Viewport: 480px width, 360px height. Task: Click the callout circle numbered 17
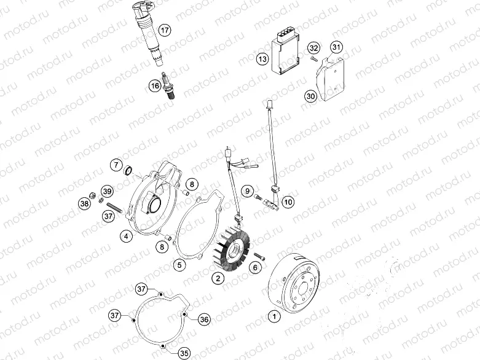[164, 29]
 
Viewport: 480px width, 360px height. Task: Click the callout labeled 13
[262, 60]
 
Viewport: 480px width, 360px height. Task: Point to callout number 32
[314, 48]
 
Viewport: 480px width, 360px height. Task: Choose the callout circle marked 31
[336, 47]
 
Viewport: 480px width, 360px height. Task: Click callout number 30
[310, 96]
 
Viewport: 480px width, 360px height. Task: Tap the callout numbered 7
[116, 164]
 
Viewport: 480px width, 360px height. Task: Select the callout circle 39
[106, 190]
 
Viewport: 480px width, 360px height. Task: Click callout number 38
[84, 202]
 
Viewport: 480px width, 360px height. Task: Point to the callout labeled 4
[125, 235]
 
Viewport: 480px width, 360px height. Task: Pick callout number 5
[179, 265]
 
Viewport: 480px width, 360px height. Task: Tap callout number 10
[288, 201]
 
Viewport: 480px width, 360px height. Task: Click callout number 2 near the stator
[216, 278]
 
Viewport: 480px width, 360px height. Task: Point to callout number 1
[274, 316]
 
